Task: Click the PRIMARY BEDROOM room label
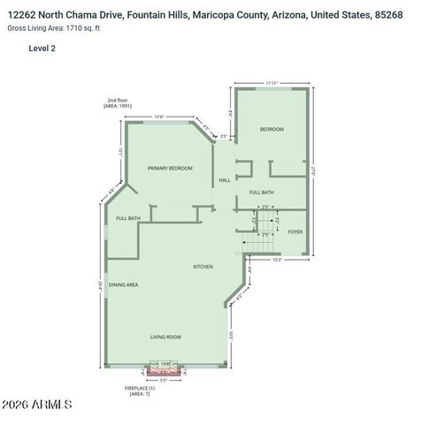pos(170,168)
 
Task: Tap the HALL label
pos(225,180)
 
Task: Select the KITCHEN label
pos(203,266)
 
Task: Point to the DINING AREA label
pos(123,284)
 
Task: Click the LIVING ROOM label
pos(165,337)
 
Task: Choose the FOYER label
pos(295,232)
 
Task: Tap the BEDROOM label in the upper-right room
pos(271,130)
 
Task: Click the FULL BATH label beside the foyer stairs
pos(261,192)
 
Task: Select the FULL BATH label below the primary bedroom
pos(128,217)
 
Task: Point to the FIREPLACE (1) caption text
pos(140,390)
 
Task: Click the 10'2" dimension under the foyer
pos(276,260)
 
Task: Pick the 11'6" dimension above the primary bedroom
pos(159,117)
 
